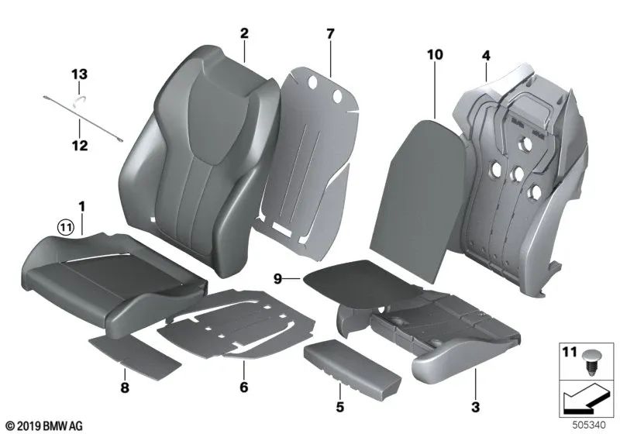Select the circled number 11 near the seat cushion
[x=64, y=226]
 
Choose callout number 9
[x=277, y=277]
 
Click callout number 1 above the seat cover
[x=81, y=208]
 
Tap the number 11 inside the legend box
[x=570, y=354]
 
